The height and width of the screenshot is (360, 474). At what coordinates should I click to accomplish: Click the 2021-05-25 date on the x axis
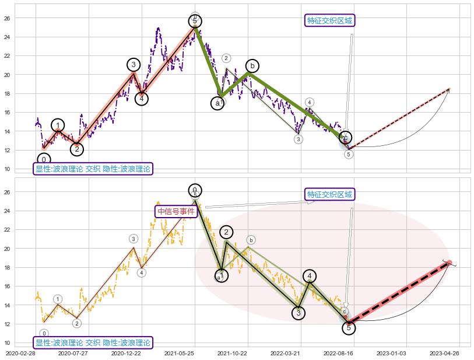[179, 353]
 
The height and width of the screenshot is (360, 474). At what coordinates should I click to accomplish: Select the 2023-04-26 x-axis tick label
[444, 353]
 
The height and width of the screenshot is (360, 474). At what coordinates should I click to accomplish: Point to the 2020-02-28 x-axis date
[20, 353]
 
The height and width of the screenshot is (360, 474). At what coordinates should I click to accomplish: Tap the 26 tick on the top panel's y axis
[7, 18]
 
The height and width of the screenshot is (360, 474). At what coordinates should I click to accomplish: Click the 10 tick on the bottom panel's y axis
[7, 342]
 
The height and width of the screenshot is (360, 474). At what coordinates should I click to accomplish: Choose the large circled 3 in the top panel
[134, 65]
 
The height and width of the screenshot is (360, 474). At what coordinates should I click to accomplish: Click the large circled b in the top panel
[252, 66]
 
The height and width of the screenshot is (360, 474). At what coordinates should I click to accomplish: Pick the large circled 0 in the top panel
[44, 160]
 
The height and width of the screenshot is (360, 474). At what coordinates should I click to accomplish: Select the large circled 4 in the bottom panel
[310, 276]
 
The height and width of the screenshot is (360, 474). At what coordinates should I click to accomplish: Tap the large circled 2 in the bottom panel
[226, 232]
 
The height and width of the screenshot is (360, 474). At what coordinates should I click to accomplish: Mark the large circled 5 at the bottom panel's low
[348, 328]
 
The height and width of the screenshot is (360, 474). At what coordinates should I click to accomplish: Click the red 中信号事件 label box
[175, 211]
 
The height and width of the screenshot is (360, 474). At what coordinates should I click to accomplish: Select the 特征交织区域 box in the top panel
[330, 21]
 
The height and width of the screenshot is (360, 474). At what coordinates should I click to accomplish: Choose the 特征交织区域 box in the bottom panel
[330, 194]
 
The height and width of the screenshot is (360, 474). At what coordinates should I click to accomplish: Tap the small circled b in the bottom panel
[251, 240]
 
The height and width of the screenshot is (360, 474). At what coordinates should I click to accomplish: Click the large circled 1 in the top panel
[58, 125]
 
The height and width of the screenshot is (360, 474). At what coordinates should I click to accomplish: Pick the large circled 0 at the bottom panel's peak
[195, 190]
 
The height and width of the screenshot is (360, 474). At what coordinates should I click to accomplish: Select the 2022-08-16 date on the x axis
[338, 353]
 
